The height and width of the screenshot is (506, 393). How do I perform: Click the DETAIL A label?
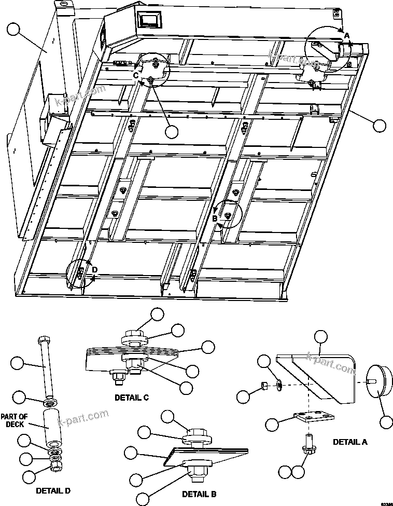tap(349, 442)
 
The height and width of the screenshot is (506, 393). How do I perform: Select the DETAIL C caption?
tap(132, 398)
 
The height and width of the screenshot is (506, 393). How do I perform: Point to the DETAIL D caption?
tap(53, 490)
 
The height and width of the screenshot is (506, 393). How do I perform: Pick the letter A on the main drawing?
tap(347, 35)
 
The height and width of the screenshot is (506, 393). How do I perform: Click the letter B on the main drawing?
tap(215, 218)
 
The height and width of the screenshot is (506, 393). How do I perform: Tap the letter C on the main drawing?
tap(136, 75)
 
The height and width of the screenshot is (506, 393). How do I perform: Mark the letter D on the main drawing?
tap(94, 269)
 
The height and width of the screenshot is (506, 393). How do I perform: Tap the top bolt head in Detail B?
tap(197, 432)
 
